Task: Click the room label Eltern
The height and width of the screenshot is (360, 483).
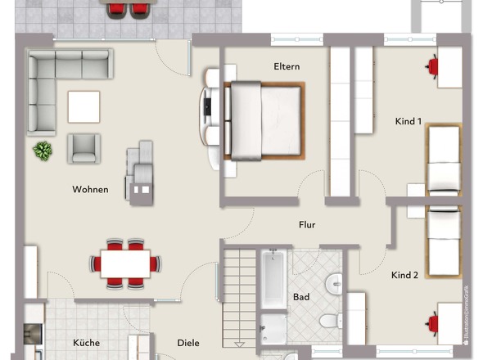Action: click(287, 66)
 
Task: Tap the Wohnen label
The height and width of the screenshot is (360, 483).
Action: click(90, 189)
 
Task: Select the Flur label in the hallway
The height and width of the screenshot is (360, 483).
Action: click(306, 224)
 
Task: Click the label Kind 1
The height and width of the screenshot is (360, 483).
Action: click(408, 121)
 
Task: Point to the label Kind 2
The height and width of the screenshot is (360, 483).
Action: click(404, 275)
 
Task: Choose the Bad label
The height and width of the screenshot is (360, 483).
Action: click(301, 296)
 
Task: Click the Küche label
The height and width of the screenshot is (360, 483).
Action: click(86, 343)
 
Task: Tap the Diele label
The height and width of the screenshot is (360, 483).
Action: click(188, 343)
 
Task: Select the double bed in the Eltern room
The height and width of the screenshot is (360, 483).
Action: click(264, 120)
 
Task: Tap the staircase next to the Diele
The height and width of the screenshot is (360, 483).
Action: click(237, 295)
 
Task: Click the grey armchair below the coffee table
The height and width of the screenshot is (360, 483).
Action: click(85, 148)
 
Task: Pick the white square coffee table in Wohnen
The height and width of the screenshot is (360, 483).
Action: click(84, 106)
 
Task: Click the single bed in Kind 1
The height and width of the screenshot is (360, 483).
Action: click(444, 160)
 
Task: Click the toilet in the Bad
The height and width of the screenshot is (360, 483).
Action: click(329, 320)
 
